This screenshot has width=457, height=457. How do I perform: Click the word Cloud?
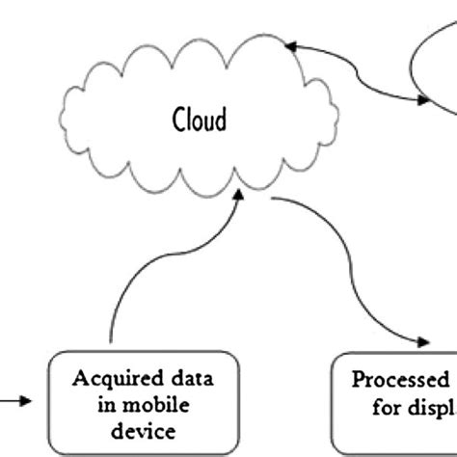[200, 121]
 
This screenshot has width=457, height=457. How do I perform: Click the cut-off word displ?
[430, 409]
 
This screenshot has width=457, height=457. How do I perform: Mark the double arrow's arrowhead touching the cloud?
[290, 43]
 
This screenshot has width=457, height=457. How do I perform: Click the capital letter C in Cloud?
[180, 121]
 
